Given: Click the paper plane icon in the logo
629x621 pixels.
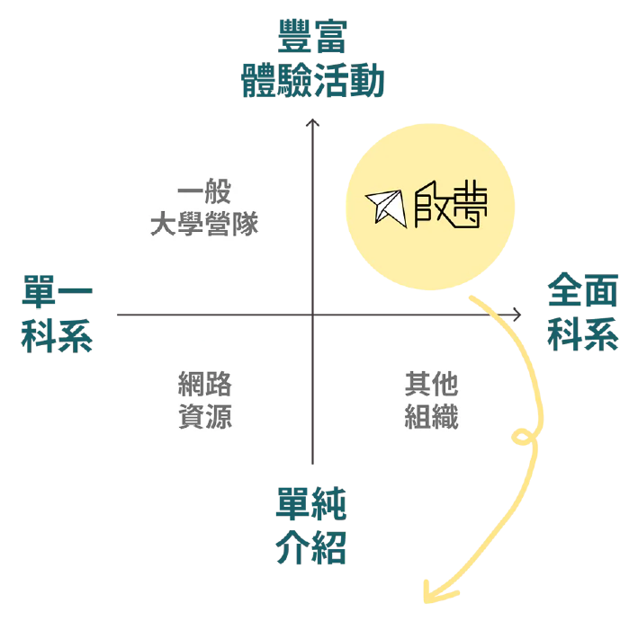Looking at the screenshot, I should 385,206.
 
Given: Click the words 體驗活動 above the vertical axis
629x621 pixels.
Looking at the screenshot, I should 312,82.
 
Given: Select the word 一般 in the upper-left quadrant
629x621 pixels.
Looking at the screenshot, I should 204,193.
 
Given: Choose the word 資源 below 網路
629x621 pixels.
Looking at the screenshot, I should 205,417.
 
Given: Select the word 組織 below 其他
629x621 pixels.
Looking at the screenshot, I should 431,417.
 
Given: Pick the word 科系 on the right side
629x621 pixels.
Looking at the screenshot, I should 583,334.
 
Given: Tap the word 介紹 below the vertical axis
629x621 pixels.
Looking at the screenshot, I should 311,549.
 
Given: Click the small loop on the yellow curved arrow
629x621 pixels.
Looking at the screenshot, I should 520,439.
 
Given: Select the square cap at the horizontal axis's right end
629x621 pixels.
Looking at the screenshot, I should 517,313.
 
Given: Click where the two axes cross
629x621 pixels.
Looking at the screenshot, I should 312,313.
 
